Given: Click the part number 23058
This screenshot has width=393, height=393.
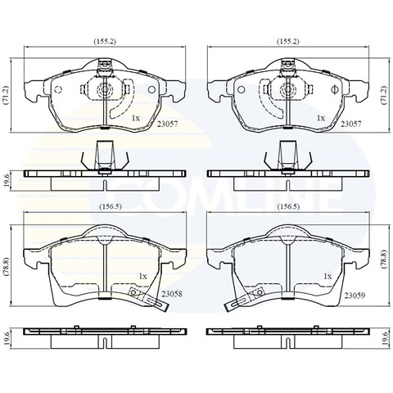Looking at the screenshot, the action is point(172,294).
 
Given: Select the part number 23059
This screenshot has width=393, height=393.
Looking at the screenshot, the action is point(355,296).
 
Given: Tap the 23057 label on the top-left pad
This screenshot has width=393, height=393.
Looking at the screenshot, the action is point(167,124).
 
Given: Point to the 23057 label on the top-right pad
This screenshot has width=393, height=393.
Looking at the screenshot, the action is point(350,124).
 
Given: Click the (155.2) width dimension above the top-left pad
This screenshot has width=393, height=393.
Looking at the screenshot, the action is point(105,42).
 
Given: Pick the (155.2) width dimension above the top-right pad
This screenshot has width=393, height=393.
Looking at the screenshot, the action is point(288,42).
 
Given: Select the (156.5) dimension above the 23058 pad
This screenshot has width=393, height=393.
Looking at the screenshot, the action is point(110,206).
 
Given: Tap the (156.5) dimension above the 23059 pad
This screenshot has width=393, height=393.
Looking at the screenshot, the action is point(288,206).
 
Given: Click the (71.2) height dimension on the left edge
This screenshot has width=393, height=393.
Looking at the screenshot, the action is point(7,95).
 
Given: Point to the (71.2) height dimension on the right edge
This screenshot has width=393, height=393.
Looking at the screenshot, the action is point(384,95).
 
